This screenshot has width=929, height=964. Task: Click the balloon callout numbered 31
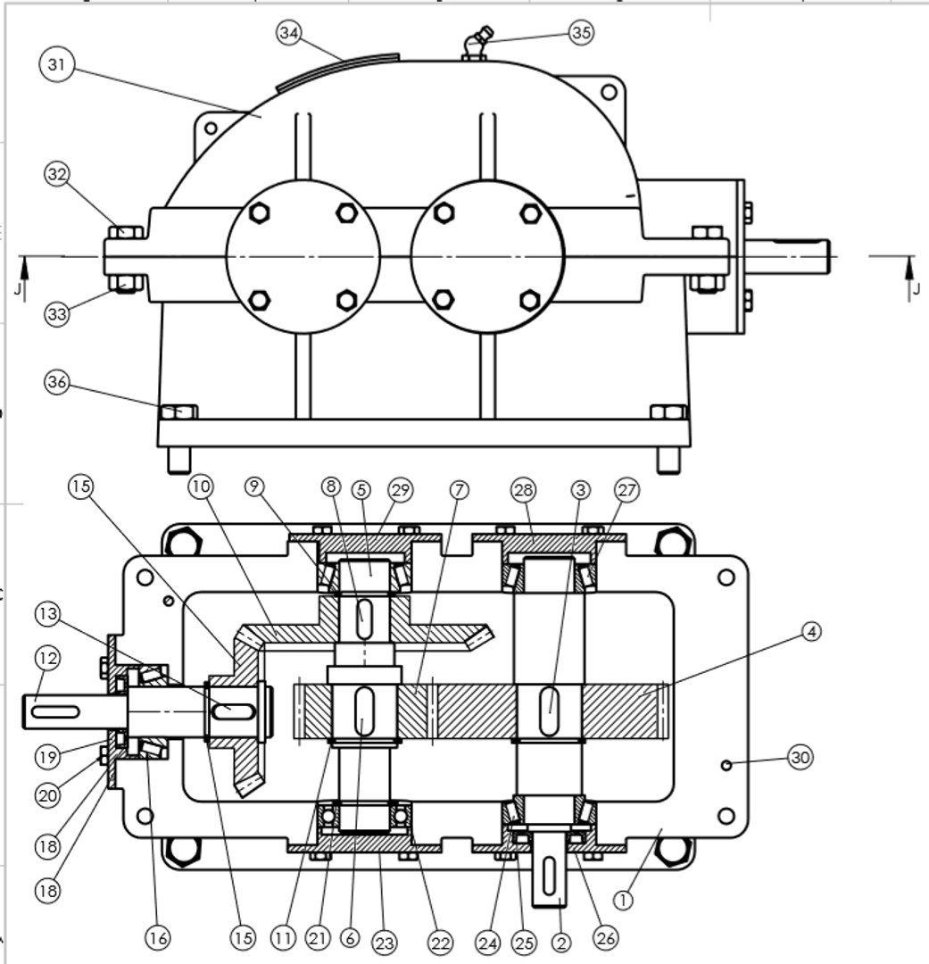point(57,64)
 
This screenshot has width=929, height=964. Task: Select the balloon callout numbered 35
point(581,33)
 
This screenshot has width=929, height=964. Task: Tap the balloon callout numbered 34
point(288,33)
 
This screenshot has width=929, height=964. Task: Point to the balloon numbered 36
point(57,382)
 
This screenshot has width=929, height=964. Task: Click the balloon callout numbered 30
point(800,758)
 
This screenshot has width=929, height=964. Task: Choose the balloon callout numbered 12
point(47,659)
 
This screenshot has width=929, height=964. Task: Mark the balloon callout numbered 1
point(623,900)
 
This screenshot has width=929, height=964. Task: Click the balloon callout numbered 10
point(200,486)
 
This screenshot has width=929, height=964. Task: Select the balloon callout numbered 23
point(385,943)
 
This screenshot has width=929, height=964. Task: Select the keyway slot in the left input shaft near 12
point(55,711)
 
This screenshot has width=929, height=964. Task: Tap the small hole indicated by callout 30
point(727,765)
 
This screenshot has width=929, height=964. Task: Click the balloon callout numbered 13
point(47,614)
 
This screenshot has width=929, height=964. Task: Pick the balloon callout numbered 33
point(57,314)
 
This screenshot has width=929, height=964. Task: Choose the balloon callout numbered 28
point(523,489)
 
